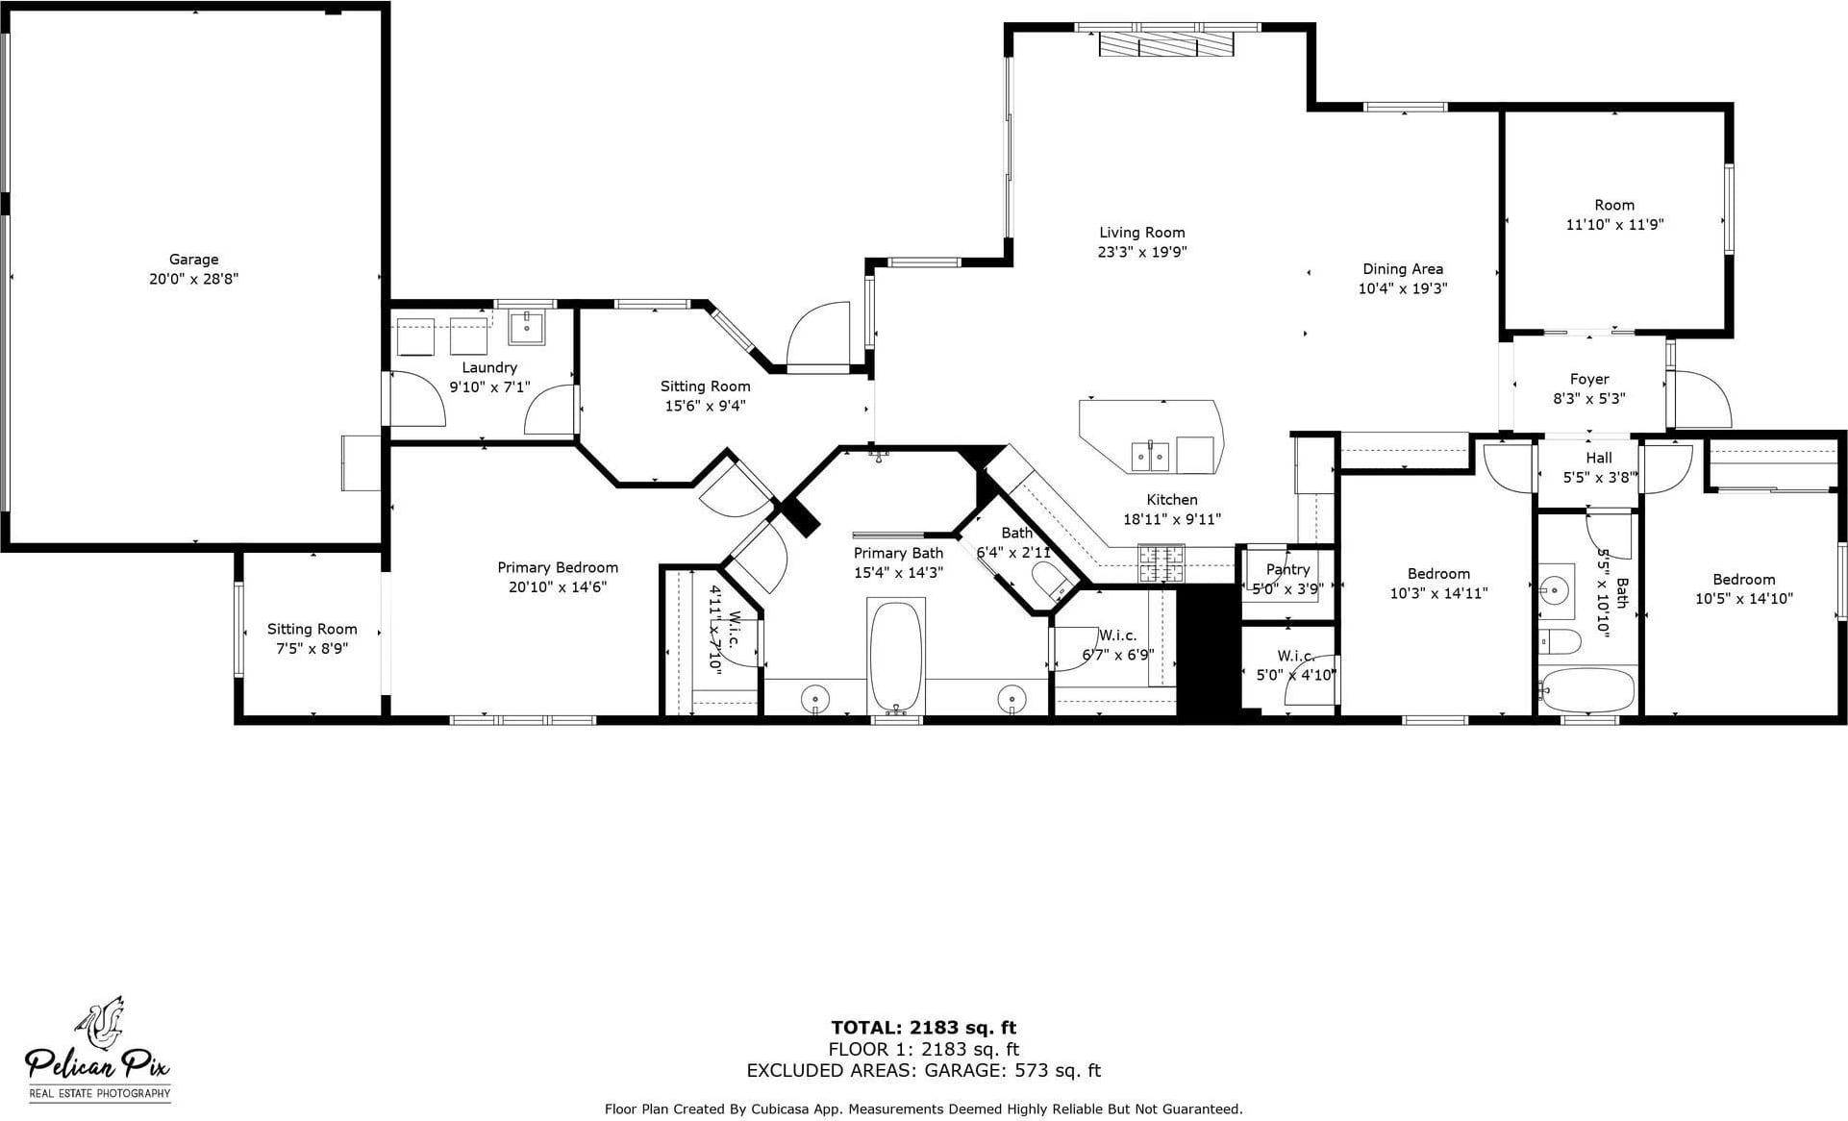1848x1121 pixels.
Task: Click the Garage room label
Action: point(193,260)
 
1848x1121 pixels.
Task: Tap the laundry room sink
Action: point(526,327)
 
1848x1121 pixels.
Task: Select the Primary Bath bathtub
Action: point(896,658)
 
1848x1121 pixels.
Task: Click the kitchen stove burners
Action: point(1161,563)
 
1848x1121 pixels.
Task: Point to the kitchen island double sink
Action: point(1150,456)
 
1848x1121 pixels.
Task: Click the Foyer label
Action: point(1589,379)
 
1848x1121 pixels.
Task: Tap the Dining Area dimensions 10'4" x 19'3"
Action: point(1402,288)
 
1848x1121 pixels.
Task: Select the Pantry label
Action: point(1287,569)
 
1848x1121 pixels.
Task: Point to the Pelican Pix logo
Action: point(98,1049)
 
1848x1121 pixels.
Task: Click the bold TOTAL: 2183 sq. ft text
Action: point(923,1028)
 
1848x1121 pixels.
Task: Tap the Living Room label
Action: point(1142,233)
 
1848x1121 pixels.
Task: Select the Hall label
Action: point(1599,458)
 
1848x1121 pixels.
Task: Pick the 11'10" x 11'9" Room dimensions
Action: point(1614,225)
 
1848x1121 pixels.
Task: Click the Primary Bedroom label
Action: point(558,568)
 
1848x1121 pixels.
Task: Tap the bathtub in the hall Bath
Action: point(1586,690)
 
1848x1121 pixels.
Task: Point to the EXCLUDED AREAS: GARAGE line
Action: point(923,1070)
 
